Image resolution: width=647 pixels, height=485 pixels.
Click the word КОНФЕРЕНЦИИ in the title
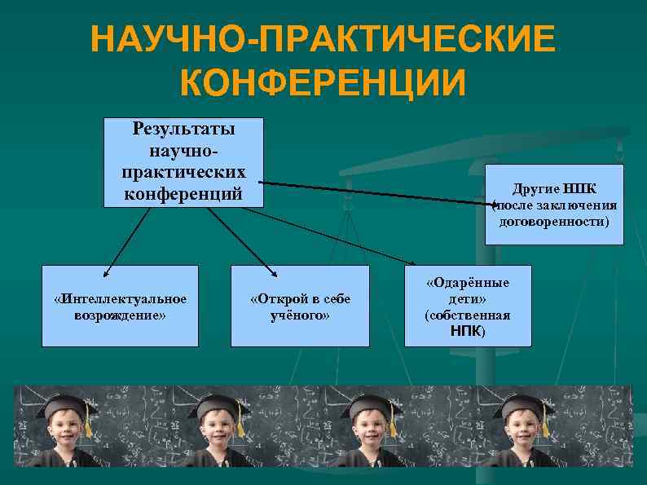(x=323, y=82)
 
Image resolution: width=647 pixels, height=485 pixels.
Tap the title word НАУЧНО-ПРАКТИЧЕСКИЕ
(x=323, y=40)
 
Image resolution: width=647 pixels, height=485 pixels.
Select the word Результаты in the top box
(x=183, y=129)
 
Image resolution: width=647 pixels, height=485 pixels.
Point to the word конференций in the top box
(x=183, y=194)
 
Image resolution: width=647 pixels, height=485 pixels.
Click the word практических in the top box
(x=183, y=173)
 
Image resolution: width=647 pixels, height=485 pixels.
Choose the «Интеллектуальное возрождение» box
(x=121, y=306)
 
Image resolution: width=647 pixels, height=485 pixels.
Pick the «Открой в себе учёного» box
(x=300, y=306)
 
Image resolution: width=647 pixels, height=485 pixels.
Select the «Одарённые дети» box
(x=468, y=306)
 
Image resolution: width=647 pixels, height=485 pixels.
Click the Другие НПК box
(x=554, y=204)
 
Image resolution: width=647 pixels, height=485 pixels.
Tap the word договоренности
(x=554, y=220)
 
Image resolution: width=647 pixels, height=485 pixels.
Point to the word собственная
(x=468, y=315)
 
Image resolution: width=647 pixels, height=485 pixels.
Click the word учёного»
(x=300, y=315)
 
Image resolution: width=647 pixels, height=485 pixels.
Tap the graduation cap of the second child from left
(x=216, y=404)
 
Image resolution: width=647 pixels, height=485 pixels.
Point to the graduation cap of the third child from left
(x=367, y=404)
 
